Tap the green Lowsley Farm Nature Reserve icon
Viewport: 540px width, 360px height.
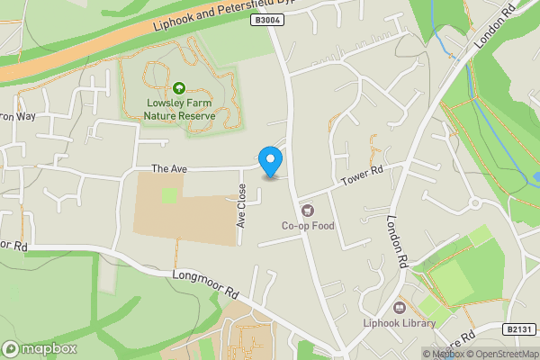pyautogui.click(x=179, y=88)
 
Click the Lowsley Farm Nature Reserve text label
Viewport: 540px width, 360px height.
pyautogui.click(x=181, y=108)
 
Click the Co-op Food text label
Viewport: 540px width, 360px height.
pyautogui.click(x=308, y=225)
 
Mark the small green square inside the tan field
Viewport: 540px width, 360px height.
pyautogui.click(x=169, y=195)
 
